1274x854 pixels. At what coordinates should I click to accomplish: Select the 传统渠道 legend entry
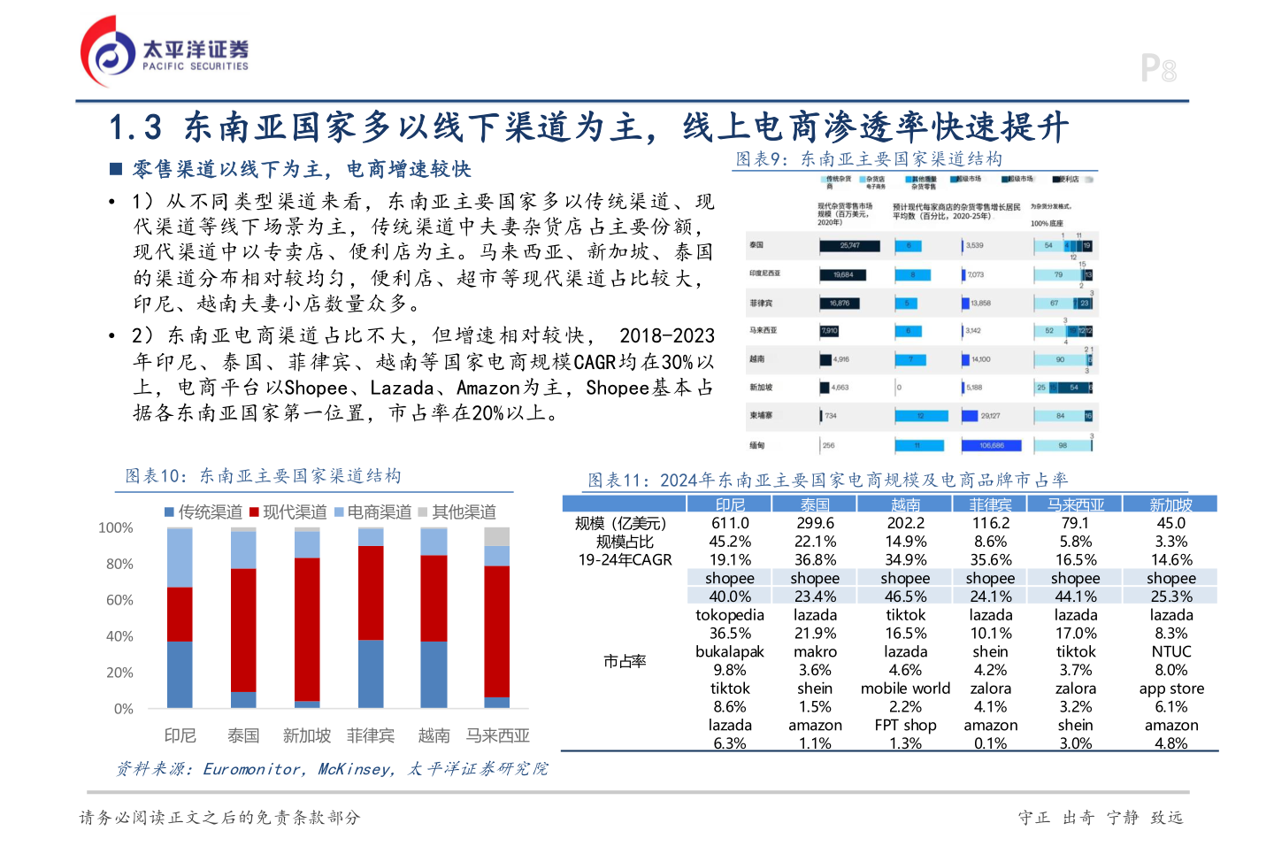point(203,512)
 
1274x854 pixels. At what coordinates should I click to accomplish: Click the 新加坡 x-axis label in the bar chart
point(306,735)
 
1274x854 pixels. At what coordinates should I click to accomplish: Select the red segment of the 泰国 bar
point(243,629)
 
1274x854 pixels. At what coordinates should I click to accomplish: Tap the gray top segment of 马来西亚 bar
point(497,536)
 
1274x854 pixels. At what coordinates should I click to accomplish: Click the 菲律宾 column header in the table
point(990,504)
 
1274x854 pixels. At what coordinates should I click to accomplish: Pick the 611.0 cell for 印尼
point(730,523)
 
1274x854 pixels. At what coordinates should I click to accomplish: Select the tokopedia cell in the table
point(730,615)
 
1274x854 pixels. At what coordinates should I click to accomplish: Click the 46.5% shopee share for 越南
point(905,596)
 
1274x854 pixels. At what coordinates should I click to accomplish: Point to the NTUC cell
point(1170,651)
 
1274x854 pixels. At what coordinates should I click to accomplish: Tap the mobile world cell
point(905,689)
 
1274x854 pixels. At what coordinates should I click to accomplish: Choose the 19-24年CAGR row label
point(625,560)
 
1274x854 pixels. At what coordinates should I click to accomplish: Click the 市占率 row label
point(625,661)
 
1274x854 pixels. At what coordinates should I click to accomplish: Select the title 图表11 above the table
point(827,480)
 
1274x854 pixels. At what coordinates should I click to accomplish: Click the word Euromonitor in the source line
point(252,769)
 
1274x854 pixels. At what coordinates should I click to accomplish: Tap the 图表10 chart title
point(263,476)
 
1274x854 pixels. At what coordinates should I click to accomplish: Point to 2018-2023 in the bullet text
point(666,336)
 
